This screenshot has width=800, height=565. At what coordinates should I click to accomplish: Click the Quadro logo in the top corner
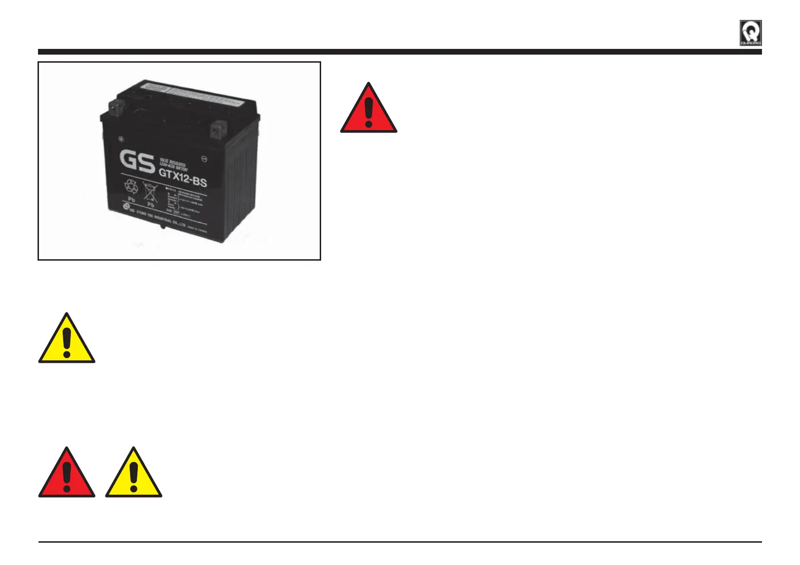(751, 33)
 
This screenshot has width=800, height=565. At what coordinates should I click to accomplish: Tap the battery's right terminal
(219, 128)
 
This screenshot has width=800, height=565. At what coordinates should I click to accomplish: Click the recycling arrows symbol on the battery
(131, 187)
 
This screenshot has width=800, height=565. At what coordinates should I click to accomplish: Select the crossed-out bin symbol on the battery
(150, 192)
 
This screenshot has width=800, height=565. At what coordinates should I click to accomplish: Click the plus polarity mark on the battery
(121, 140)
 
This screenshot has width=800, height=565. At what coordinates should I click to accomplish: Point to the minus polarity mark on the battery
(204, 159)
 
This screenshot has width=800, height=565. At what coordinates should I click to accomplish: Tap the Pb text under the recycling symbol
(132, 200)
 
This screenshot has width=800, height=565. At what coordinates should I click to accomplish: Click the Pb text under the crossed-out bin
(151, 205)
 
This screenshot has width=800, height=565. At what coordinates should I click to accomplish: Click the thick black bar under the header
(400, 52)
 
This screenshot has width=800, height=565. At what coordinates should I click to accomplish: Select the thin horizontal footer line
(400, 542)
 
